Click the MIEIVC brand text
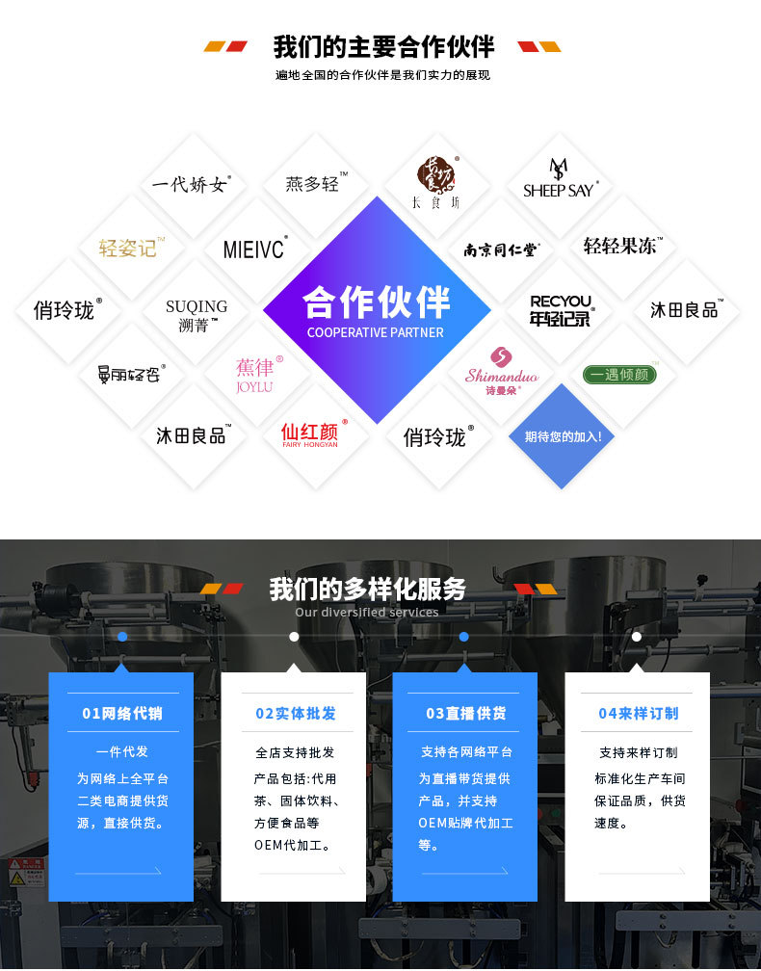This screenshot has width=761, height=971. pos(254,249)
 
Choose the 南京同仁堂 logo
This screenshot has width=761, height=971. pos(501,249)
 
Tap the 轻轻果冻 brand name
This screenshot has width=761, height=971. pos(622,246)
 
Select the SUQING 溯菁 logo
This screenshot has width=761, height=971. pos(197,316)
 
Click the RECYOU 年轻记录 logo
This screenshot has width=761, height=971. pos(562,310)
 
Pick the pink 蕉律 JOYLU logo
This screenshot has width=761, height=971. pos(256,374)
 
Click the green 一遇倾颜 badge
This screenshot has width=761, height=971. pos(619,375)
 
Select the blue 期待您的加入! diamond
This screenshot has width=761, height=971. pos(563,436)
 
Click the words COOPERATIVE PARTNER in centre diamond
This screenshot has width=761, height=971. pos(376,332)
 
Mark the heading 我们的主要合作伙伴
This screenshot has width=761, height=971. pos(383,46)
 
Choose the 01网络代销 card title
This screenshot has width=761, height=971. pos(122,714)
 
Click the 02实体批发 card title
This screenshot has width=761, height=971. pos(295,714)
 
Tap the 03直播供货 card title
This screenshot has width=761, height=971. pos(465,714)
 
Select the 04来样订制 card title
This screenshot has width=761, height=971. pos(638,714)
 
